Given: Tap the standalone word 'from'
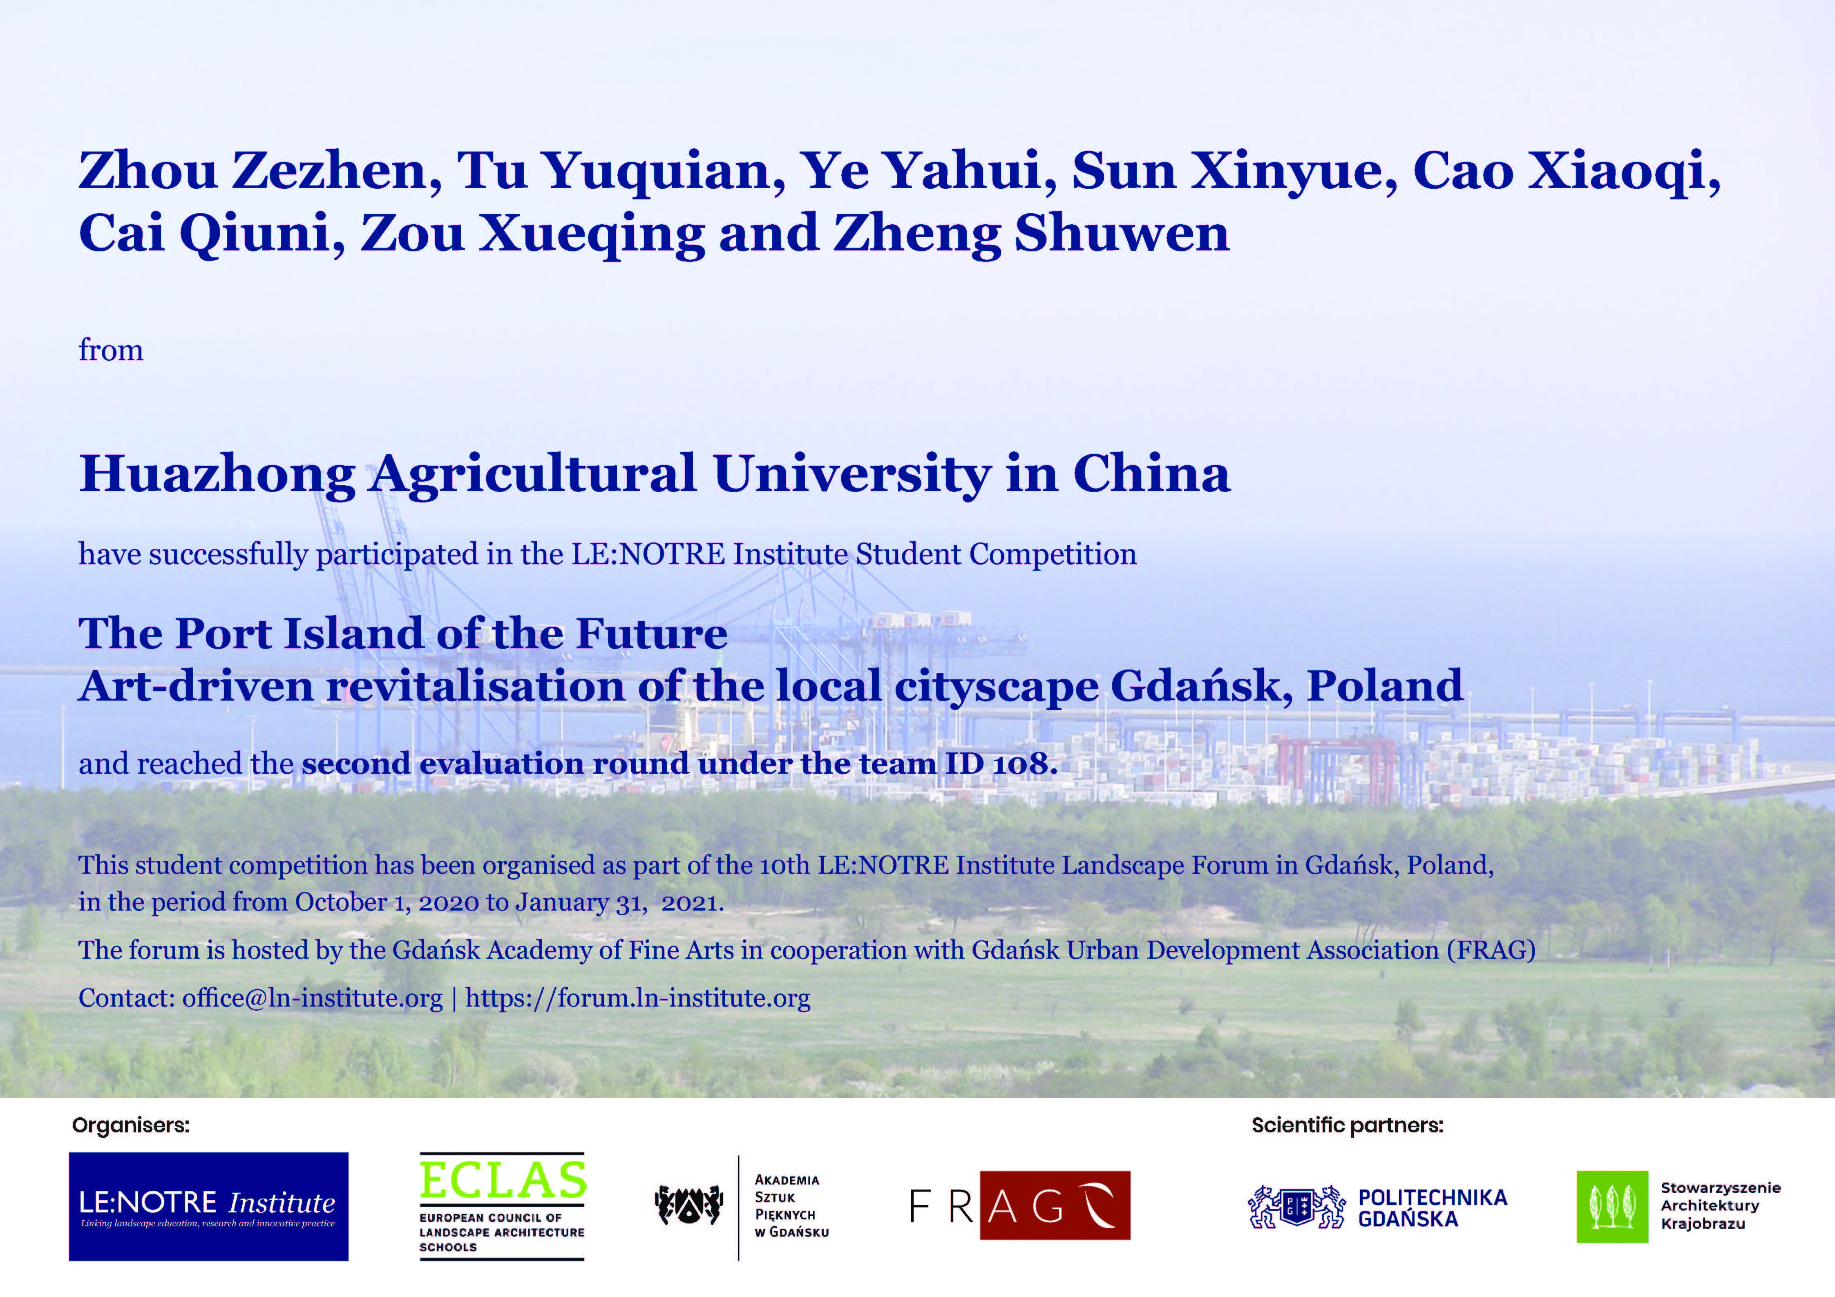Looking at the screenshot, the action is pyautogui.click(x=110, y=350).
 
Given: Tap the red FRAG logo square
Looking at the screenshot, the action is pyautogui.click(x=1055, y=1205).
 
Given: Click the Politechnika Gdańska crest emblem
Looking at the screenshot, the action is pyautogui.click(x=1296, y=1207).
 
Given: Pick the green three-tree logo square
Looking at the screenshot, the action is pyautogui.click(x=1612, y=1207).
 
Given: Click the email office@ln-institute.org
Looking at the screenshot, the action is pyautogui.click(x=313, y=998).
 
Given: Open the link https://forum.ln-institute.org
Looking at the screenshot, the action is pyautogui.click(x=638, y=998).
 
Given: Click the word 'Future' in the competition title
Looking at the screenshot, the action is pyautogui.click(x=651, y=634).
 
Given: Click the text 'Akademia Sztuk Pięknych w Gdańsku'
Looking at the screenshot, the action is pyautogui.click(x=791, y=1206).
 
